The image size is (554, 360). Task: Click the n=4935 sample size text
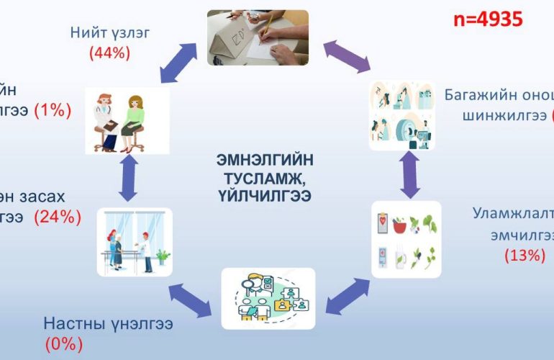(488, 19)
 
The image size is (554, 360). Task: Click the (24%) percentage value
(58, 216)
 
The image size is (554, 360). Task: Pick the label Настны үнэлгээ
(108, 323)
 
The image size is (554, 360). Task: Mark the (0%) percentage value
(63, 344)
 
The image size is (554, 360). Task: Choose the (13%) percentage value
(525, 254)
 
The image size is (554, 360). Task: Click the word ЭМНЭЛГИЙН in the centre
(265, 160)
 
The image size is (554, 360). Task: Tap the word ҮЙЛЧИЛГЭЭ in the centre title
(265, 194)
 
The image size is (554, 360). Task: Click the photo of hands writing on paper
(258, 37)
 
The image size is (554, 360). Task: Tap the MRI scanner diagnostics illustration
(401, 115)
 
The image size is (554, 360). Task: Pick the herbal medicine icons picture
(406, 239)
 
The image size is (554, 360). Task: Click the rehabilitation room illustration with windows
(135, 242)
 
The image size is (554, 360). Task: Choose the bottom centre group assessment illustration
(268, 298)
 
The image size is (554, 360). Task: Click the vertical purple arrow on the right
(410, 174)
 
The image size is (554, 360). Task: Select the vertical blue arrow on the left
(128, 179)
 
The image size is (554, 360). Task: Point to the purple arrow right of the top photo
(346, 57)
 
